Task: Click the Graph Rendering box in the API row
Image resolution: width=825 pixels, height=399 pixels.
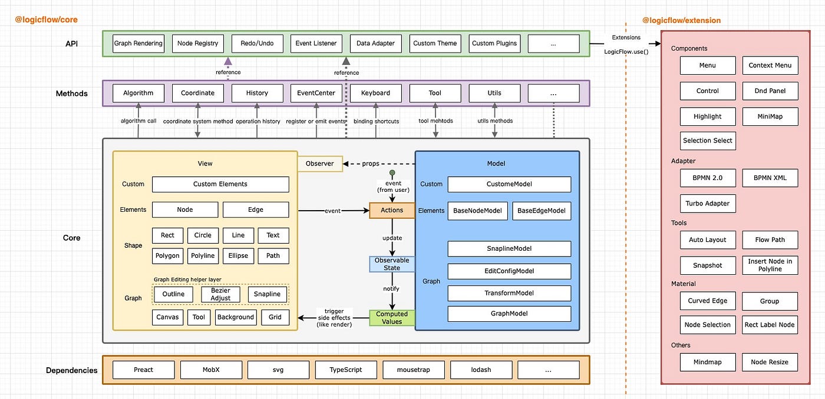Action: coord(138,44)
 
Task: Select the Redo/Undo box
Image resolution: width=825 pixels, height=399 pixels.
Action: coord(257,44)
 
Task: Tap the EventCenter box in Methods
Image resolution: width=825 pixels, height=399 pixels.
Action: coord(316,93)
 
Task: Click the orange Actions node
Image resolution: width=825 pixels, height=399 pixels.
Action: coord(392,210)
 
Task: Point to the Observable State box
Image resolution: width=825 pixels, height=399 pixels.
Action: coord(392,264)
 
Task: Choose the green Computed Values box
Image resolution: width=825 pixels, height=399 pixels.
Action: coord(392,318)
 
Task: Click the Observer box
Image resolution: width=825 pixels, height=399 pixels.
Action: coord(320,164)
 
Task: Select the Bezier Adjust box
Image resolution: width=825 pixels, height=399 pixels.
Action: coord(220,294)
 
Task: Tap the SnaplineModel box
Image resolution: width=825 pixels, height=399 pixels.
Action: coord(509,249)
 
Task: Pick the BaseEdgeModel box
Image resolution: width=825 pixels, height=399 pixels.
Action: coord(542,211)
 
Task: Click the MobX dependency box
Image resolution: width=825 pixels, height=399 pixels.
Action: coord(211,370)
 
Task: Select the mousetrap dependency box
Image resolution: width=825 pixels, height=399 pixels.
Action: coord(414,370)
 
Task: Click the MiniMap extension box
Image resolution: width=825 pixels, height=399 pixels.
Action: coord(770,117)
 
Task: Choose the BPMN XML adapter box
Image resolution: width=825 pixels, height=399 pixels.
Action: coord(770,178)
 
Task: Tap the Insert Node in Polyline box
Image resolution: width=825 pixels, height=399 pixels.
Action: coord(770,265)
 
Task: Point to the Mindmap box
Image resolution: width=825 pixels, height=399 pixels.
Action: coord(707,362)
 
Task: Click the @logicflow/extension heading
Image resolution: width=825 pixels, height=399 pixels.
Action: coord(681,21)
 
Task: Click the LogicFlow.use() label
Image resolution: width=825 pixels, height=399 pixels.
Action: coord(626,52)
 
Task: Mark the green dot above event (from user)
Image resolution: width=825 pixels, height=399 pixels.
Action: coord(392,172)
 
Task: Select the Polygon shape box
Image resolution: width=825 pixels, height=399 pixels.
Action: coord(168,256)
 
